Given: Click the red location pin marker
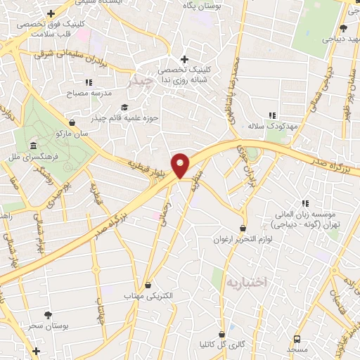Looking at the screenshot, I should (x=181, y=165).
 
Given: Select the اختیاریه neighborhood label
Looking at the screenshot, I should (x=247, y=282).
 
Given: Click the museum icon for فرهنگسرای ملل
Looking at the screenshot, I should (x=34, y=146).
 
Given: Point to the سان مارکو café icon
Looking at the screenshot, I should (x=72, y=122).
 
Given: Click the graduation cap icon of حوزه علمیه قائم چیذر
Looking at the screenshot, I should (x=124, y=107).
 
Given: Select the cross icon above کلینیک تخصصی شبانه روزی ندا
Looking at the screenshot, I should (x=184, y=59).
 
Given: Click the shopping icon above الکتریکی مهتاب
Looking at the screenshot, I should (x=148, y=285).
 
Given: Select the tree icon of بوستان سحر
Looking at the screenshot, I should (x=48, y=315).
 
